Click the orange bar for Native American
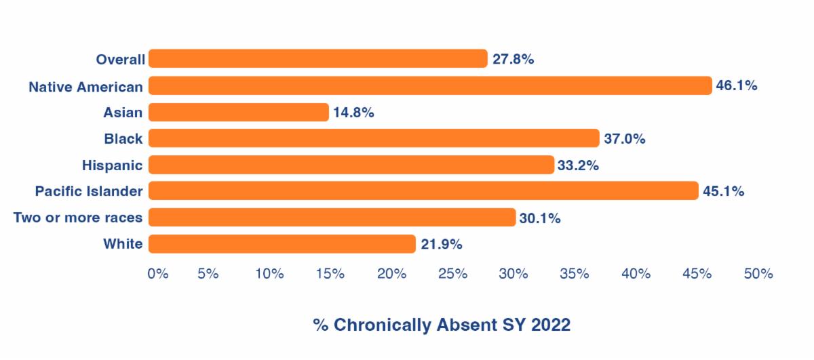click(430, 85)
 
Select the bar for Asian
click(238, 112)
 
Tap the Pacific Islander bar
click(423, 191)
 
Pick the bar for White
click(282, 243)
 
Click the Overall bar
click(317, 59)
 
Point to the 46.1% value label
click(737, 86)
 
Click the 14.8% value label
click(353, 113)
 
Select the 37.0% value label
click(624, 139)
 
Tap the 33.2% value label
click(579, 165)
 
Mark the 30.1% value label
click(540, 218)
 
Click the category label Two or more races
click(78, 218)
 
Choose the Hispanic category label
click(112, 165)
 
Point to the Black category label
click(123, 139)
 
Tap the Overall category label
click(120, 60)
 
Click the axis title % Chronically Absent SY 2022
click(442, 325)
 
